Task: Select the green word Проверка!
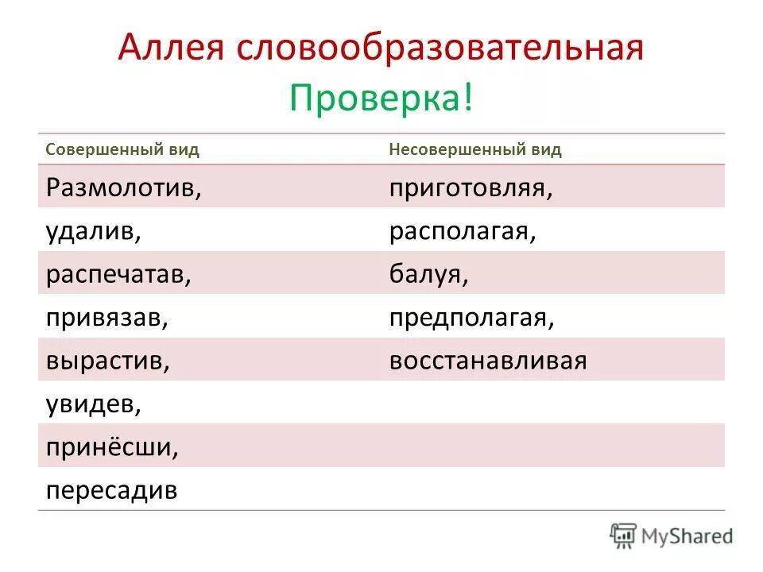pos(381,98)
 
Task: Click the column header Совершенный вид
pos(122,150)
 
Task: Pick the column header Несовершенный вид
pos(475,150)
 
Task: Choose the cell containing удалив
pos(93,231)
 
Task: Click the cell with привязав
pos(107,318)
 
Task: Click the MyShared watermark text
pos(687,535)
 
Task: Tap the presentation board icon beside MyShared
pos(623,535)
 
